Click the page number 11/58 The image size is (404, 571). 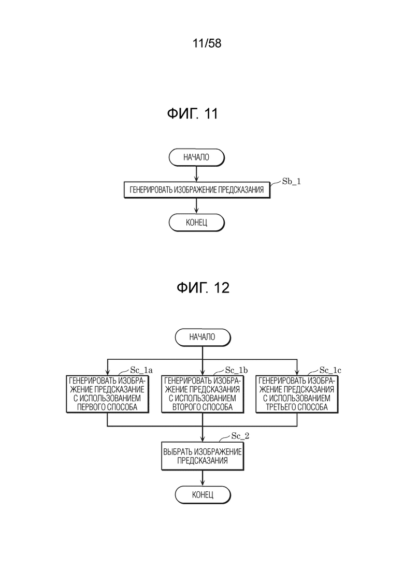click(207, 43)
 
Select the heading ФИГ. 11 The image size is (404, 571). click(192, 113)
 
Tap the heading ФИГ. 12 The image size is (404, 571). click(203, 288)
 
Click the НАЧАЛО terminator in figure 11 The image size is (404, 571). click(196, 158)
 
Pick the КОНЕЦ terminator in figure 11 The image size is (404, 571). click(196, 223)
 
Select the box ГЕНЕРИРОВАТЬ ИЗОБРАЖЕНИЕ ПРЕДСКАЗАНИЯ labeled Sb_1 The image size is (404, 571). click(197, 189)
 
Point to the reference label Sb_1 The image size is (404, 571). click(292, 181)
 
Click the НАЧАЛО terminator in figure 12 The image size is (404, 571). click(203, 338)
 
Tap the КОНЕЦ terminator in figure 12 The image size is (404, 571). click(203, 495)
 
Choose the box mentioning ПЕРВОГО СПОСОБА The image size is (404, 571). click(107, 394)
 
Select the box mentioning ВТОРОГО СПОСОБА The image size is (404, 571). click(203, 394)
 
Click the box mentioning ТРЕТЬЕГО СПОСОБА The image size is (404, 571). click(297, 394)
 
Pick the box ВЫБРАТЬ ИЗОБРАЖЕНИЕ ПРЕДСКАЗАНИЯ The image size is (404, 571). click(203, 456)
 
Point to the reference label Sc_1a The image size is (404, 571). click(141, 370)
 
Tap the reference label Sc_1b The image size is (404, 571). click(236, 370)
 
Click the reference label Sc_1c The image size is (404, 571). click(330, 370)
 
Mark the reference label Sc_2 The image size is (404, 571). click(240, 436)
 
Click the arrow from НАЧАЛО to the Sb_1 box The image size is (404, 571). click(196, 174)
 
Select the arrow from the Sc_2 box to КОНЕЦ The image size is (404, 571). click(203, 478)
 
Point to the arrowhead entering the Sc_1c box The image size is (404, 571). click(297, 373)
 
